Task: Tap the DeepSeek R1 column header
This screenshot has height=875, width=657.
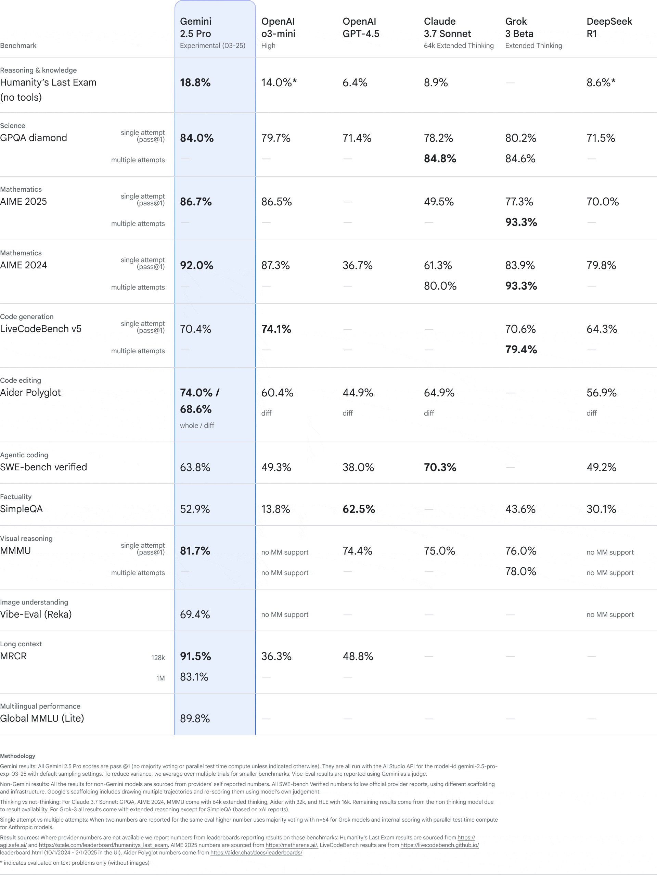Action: (609, 28)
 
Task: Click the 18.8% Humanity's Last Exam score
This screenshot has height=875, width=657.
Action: (195, 83)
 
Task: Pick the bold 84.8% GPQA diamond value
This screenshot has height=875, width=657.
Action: (440, 158)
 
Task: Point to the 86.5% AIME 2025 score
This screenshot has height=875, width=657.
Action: (276, 202)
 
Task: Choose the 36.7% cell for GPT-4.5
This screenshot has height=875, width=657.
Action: (357, 265)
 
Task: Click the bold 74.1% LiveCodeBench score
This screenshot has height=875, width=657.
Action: (276, 329)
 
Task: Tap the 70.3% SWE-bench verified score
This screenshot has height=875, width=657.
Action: (440, 468)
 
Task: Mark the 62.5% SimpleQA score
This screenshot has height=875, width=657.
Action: (359, 509)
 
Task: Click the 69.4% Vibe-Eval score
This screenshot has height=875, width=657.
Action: (195, 614)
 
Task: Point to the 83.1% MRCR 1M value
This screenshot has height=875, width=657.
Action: (194, 677)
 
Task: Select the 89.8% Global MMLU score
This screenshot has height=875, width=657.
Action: (195, 718)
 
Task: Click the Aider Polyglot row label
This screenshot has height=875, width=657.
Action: (30, 392)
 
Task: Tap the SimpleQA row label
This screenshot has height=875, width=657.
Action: (21, 509)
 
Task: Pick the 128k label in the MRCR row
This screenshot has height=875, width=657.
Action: (158, 657)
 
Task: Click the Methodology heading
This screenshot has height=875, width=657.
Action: (18, 756)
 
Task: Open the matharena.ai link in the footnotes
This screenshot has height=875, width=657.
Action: (291, 845)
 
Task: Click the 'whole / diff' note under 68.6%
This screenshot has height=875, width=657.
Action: (197, 426)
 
